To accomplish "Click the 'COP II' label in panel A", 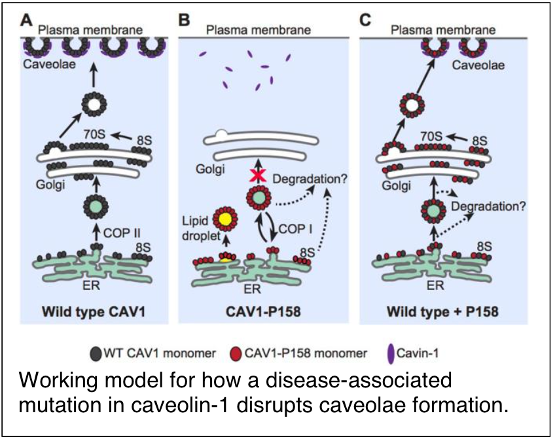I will tap(122, 232).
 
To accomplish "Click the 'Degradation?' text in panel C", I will tap(487, 204).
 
